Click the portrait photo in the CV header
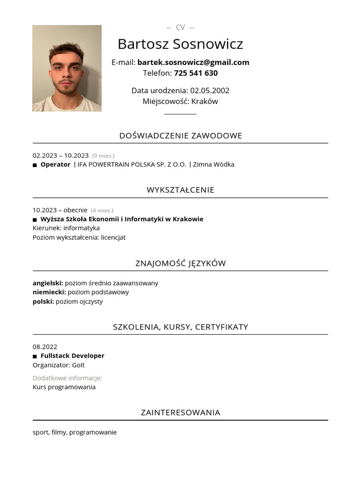pyautogui.click(x=67, y=68)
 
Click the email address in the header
pyautogui.click(x=193, y=62)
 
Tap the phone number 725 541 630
pyautogui.click(x=196, y=73)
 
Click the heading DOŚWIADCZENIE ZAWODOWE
pyautogui.click(x=180, y=136)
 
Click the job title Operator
pyautogui.click(x=55, y=164)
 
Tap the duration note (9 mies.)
pyautogui.click(x=103, y=156)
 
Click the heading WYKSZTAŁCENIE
pyautogui.click(x=180, y=190)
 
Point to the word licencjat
pyautogui.click(x=113, y=237)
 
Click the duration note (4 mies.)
pyautogui.click(x=102, y=210)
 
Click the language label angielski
pyautogui.click(x=47, y=283)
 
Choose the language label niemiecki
pyautogui.click(x=49, y=292)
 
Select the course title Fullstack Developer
pyautogui.click(x=72, y=356)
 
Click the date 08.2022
pyautogui.click(x=45, y=346)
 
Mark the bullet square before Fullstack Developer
pyautogui.click(x=35, y=356)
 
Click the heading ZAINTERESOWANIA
pyautogui.click(x=180, y=412)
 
